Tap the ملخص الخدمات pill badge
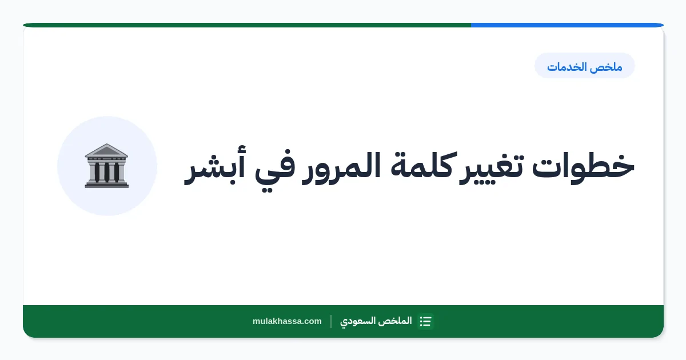[585, 66]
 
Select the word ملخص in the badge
[606, 67]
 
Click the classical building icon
[106, 166]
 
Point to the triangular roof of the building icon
[106, 150]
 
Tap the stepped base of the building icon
[106, 184]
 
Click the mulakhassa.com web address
[287, 321]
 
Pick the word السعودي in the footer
[359, 321]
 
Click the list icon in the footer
[426, 321]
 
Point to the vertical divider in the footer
[331, 321]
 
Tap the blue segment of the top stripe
[567, 25]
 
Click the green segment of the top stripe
[247, 25]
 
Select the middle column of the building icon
[106, 172]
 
